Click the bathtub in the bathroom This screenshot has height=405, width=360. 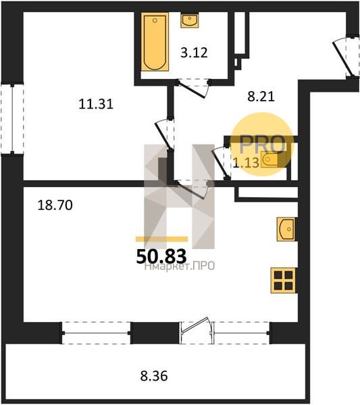(155, 42)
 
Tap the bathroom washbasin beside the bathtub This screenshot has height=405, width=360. (190, 20)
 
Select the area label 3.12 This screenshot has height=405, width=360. (194, 53)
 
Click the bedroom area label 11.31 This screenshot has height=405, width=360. (96, 105)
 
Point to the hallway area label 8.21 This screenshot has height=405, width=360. (261, 97)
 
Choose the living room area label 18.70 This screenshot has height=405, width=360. (55, 205)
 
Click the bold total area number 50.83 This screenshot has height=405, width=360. (161, 256)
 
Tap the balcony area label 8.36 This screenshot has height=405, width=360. (154, 375)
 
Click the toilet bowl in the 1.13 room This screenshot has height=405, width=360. (269, 159)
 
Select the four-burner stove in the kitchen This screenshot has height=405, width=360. (284, 281)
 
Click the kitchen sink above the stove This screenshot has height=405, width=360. (286, 229)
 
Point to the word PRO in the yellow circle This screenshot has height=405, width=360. (263, 144)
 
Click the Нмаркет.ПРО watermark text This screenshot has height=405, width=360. (180, 266)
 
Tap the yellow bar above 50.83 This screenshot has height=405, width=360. (162, 239)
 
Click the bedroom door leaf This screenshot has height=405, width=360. (163, 136)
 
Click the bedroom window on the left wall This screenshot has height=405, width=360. (12, 119)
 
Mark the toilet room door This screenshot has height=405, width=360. (220, 162)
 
